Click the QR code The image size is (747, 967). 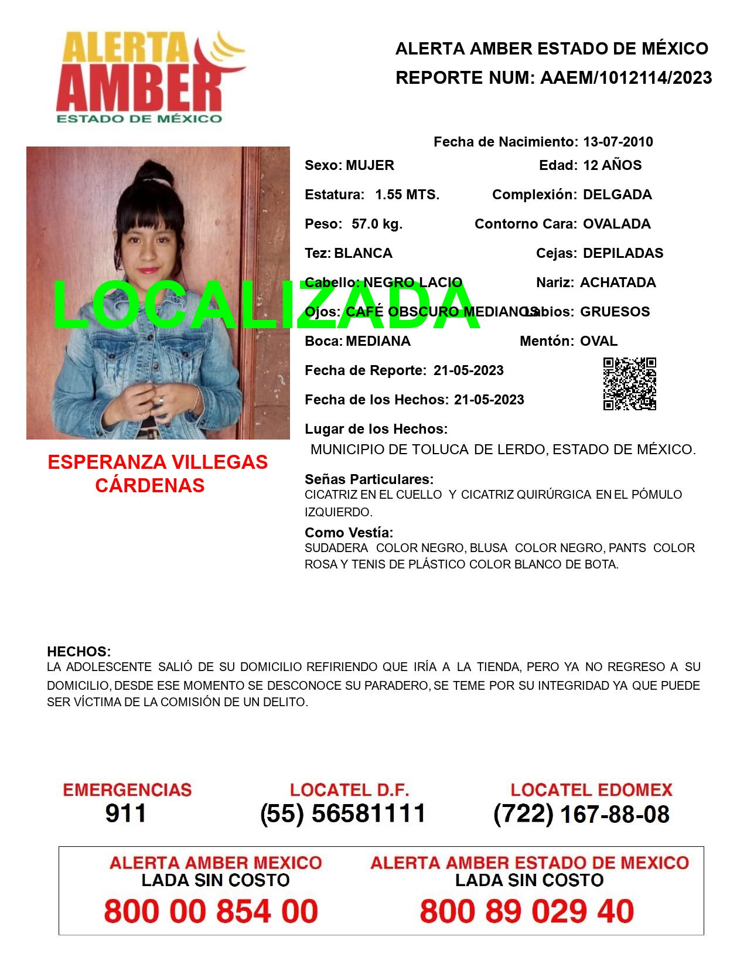[x=630, y=384]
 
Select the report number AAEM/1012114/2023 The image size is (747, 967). [x=626, y=78]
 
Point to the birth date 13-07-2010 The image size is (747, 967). [x=618, y=142]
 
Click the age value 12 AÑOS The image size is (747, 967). [x=612, y=165]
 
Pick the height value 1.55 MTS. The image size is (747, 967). [x=407, y=195]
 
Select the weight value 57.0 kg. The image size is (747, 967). [x=377, y=224]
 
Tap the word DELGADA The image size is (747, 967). [x=617, y=195]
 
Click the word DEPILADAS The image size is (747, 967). [x=623, y=253]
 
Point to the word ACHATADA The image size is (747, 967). [x=618, y=282]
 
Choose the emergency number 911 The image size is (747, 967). [x=126, y=813]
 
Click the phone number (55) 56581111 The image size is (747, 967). [x=343, y=813]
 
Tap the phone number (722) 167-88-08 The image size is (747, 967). [x=581, y=814]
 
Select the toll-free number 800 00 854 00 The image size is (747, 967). [x=211, y=911]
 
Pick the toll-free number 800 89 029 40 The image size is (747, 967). [x=527, y=911]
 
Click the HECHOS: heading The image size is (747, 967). [x=79, y=652]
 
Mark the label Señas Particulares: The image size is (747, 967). [x=369, y=479]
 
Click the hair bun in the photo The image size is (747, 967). [x=154, y=172]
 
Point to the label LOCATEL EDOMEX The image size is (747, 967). [x=591, y=790]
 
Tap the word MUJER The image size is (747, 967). [x=370, y=165]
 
